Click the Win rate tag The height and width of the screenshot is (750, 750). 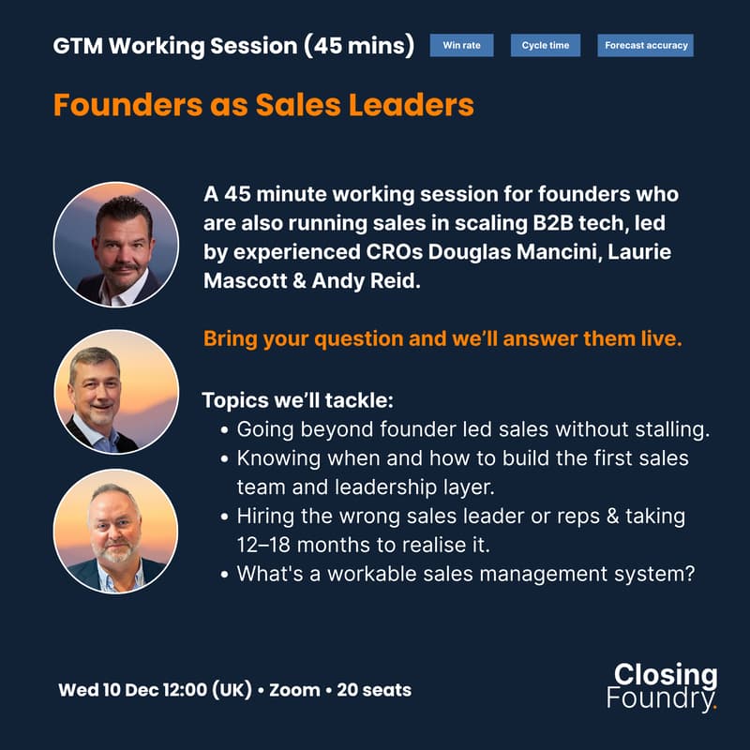(461, 45)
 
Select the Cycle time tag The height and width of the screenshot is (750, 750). (546, 45)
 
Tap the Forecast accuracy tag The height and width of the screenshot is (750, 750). (645, 45)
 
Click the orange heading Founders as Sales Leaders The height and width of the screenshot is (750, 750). (263, 104)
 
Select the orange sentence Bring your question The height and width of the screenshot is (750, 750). (442, 339)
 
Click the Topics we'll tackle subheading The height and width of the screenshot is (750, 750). (297, 400)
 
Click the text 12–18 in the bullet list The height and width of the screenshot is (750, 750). (267, 544)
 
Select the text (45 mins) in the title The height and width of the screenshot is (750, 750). (359, 45)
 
